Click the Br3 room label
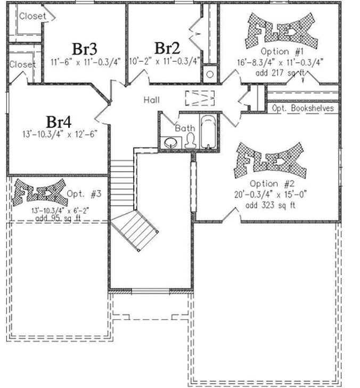[85, 48]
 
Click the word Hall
[152, 100]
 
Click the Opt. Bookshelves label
[303, 108]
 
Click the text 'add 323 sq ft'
[272, 205]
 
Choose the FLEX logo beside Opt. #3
[37, 192]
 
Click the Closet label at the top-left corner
[31, 16]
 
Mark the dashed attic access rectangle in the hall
[199, 98]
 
